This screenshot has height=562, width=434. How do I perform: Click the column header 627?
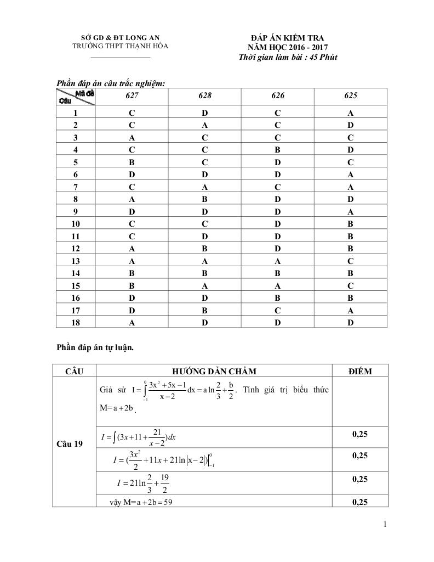132,95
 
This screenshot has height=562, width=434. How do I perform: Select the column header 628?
205,95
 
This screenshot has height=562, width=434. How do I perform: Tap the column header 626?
278,95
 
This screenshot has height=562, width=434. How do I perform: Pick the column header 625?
351,95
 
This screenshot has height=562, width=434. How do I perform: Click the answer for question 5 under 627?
132,162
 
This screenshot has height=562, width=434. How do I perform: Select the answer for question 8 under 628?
205,200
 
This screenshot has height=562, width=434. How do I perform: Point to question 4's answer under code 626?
278,150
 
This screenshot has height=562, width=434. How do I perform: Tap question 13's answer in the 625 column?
351,261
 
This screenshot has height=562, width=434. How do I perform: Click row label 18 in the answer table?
76,323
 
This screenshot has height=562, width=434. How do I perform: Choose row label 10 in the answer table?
76,224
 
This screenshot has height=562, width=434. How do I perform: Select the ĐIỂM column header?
360,372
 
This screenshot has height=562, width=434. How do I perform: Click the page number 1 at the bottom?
385,525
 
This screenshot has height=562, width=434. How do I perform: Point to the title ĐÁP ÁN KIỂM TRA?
287,38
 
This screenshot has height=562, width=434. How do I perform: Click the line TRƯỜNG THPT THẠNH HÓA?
121,46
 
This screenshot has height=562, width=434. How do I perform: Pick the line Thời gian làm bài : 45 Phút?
288,58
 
